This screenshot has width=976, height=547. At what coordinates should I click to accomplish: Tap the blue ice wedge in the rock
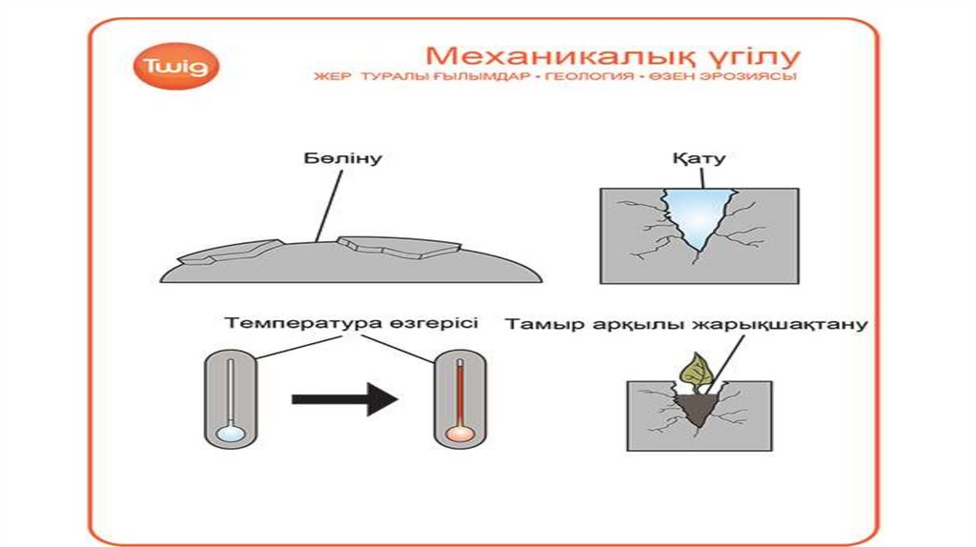pos(699,214)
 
